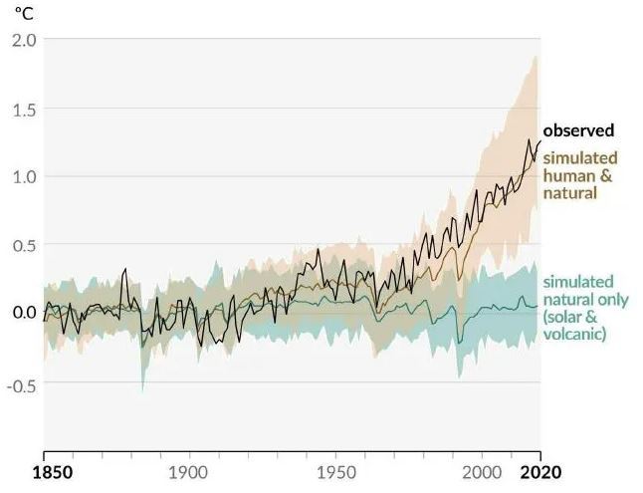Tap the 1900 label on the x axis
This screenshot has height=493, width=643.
click(x=189, y=471)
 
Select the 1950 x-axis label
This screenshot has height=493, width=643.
click(x=335, y=471)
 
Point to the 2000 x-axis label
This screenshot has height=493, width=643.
click(x=484, y=471)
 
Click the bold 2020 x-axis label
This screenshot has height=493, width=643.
click(x=540, y=471)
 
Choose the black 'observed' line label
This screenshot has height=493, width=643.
click(x=578, y=130)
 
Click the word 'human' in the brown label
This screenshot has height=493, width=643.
click(x=566, y=175)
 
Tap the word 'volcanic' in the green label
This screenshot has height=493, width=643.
click(x=574, y=335)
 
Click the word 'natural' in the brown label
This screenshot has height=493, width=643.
click(x=569, y=192)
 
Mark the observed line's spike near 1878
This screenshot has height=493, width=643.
click(x=125, y=270)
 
